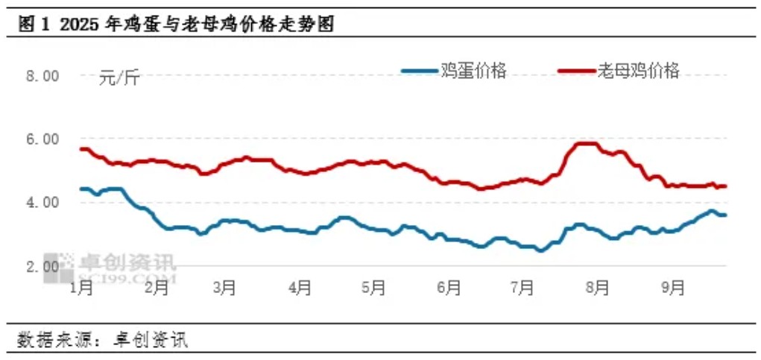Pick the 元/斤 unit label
point(119,77)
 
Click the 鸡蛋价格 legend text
point(474,71)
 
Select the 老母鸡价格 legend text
point(639,71)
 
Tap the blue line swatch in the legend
point(420,72)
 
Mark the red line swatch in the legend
point(577,72)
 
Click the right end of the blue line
point(725,215)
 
